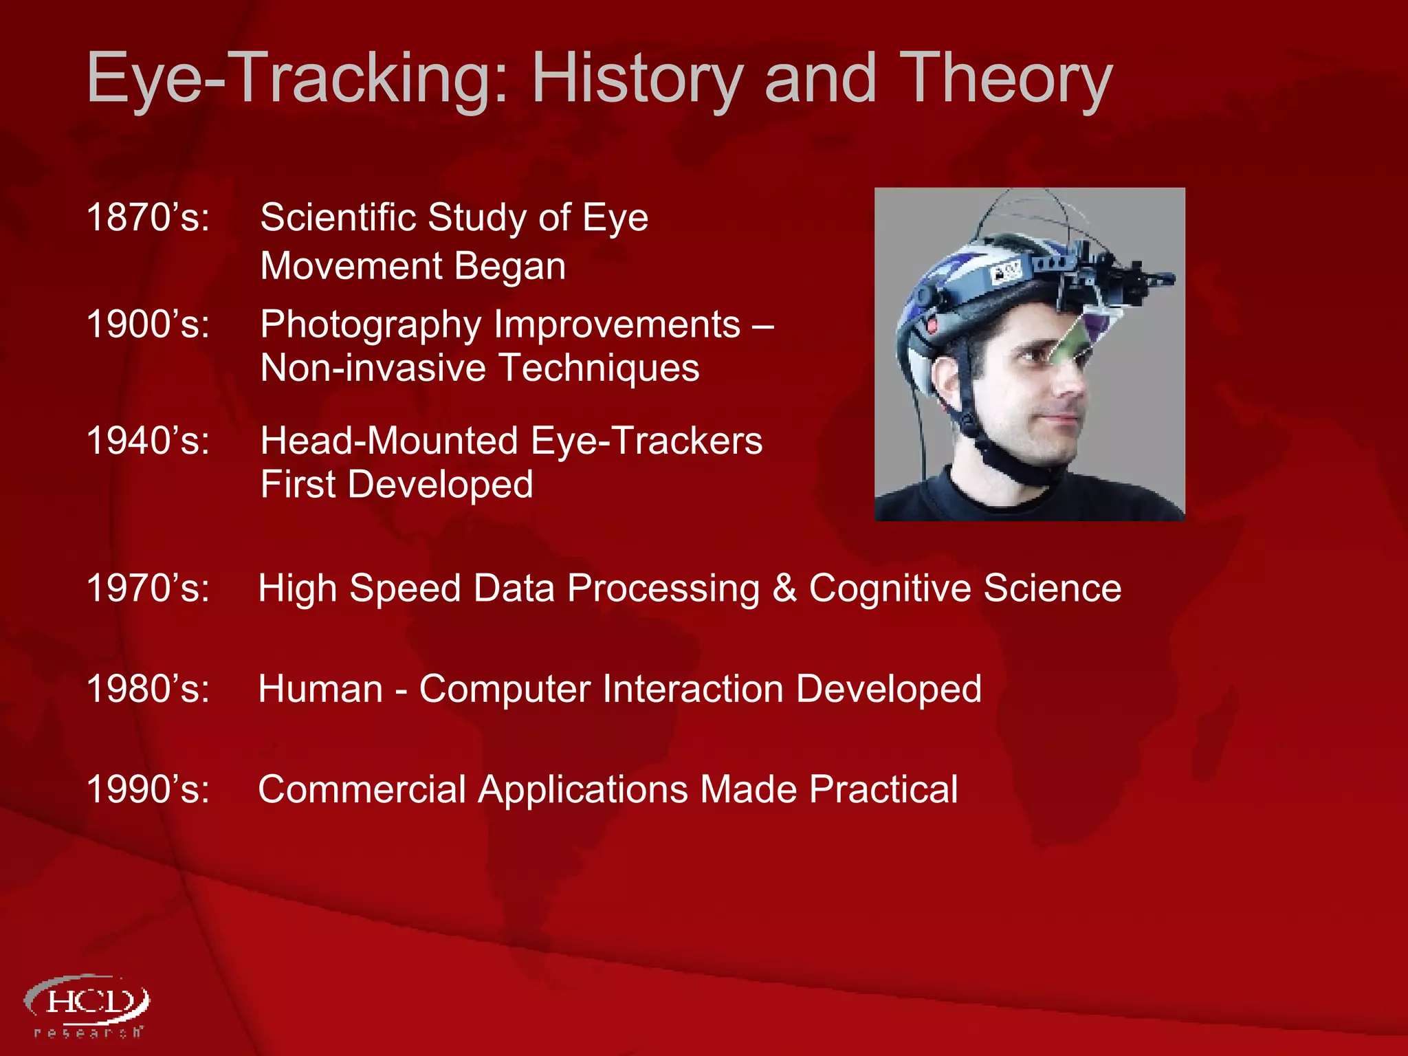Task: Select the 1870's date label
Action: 147,217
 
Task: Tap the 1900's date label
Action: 147,324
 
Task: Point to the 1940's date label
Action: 147,441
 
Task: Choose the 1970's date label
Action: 147,588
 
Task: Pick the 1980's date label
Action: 147,689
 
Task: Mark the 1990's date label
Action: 147,789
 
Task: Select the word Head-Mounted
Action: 389,441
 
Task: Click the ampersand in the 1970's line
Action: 784,588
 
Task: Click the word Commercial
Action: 362,789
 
